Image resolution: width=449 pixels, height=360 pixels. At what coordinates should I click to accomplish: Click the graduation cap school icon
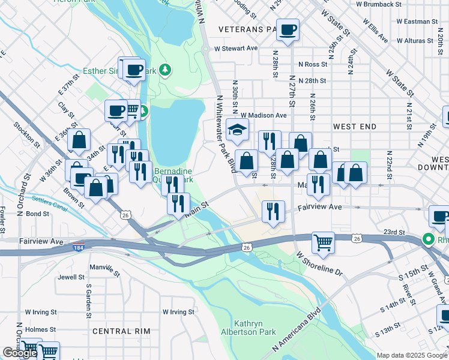pyautogui.click(x=238, y=129)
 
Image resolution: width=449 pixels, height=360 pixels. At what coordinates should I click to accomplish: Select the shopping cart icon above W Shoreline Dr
pyautogui.click(x=323, y=242)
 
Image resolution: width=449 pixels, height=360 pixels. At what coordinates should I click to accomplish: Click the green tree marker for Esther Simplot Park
pyautogui.click(x=164, y=71)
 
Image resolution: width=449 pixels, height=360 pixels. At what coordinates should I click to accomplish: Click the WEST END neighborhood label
pyautogui.click(x=354, y=127)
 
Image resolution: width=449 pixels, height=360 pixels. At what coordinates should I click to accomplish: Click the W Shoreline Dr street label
pyautogui.click(x=319, y=264)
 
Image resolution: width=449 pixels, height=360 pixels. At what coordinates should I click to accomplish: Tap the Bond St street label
pyautogui.click(x=37, y=214)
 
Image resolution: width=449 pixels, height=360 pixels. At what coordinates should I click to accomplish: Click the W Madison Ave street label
pyautogui.click(x=264, y=115)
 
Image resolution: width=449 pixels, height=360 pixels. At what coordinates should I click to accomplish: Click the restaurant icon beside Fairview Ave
pyautogui.click(x=273, y=211)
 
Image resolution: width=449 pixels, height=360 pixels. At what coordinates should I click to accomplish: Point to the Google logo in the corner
pyautogui.click(x=20, y=353)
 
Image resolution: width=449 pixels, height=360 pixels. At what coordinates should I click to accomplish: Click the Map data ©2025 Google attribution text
pyautogui.click(x=411, y=355)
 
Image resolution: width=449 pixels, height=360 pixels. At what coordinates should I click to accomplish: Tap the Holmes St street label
pyautogui.click(x=40, y=329)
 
